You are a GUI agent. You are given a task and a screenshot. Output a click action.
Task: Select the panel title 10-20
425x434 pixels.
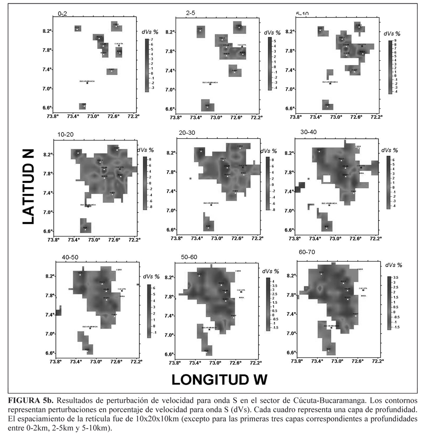coord(65,134)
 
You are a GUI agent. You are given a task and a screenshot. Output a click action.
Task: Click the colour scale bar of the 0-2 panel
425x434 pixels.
coord(146,65)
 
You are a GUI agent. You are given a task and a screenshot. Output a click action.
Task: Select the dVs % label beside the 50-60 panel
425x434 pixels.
coord(271,271)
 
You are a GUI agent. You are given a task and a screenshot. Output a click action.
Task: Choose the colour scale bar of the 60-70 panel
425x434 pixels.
coord(390,303)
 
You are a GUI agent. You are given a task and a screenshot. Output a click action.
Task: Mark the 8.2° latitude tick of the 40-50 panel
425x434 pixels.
coord(51,276)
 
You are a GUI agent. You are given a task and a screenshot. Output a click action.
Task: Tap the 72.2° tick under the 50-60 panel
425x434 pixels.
coord(255,363)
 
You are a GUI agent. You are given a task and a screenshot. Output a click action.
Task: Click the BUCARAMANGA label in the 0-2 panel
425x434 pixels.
coord(87,80)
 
